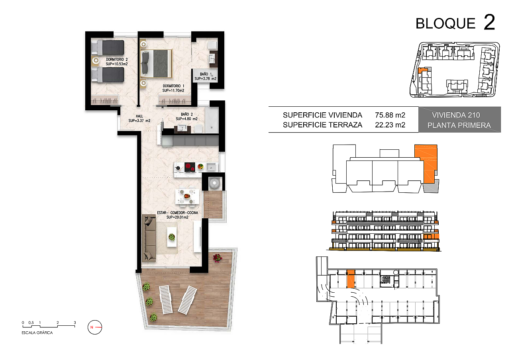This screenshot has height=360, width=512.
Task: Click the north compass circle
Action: [95, 327]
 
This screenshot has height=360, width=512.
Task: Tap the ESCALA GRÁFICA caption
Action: [37, 333]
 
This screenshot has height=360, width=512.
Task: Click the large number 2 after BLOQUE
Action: [489, 22]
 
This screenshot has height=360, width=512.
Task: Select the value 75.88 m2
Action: [390, 115]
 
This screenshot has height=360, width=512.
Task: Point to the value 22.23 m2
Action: [390, 125]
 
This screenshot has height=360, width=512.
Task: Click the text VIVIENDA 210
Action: [456, 115]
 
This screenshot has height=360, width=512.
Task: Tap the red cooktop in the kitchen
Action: [190, 167]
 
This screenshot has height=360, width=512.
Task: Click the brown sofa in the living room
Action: [149, 238]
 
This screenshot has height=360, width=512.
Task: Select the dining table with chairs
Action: [187, 196]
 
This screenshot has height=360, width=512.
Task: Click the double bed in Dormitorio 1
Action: [156, 63]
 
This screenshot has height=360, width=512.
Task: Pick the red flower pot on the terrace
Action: [217, 258]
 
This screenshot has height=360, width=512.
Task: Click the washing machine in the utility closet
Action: [215, 183]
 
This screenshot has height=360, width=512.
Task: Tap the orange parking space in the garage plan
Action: [351, 279]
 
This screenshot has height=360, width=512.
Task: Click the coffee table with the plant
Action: [172, 237]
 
